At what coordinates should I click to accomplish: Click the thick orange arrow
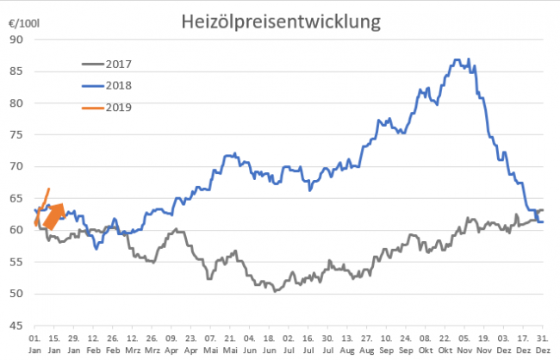pos(53,217)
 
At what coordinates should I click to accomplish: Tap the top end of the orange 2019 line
pos(49,189)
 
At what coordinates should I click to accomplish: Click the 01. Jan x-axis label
pos(36,344)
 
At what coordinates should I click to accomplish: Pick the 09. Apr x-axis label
pos(171,344)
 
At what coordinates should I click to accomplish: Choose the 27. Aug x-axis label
pos(364,344)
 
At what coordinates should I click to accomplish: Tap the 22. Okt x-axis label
pos(444,344)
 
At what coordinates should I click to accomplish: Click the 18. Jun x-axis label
pos(268,344)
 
